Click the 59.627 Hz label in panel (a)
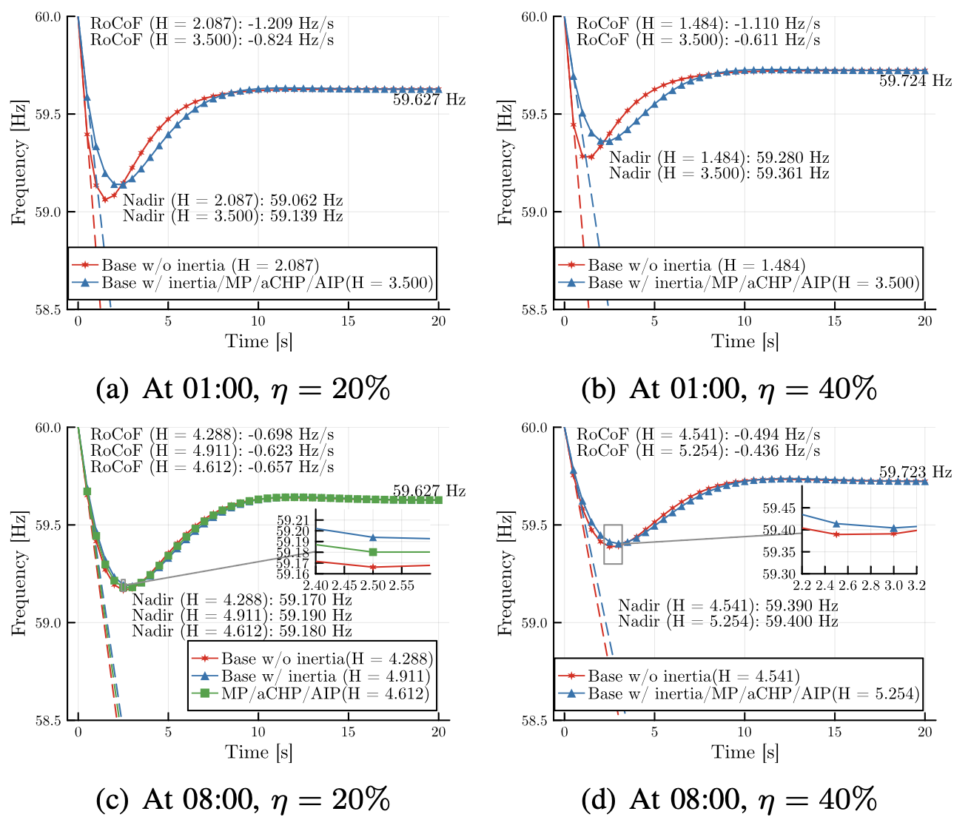429,99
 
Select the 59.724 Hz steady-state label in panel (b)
915,81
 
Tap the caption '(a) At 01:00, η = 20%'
243,389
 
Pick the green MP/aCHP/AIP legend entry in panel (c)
311,693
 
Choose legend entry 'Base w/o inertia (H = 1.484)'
682,265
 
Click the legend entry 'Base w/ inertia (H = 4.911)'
311,676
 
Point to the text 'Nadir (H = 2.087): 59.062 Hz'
232,201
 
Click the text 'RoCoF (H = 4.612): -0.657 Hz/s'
212,467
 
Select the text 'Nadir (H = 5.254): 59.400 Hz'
728,621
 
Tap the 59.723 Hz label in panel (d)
915,472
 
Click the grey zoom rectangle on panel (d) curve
613,544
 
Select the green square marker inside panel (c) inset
373,552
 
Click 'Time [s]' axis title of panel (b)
745,341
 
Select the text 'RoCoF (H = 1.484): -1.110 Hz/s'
698,24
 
